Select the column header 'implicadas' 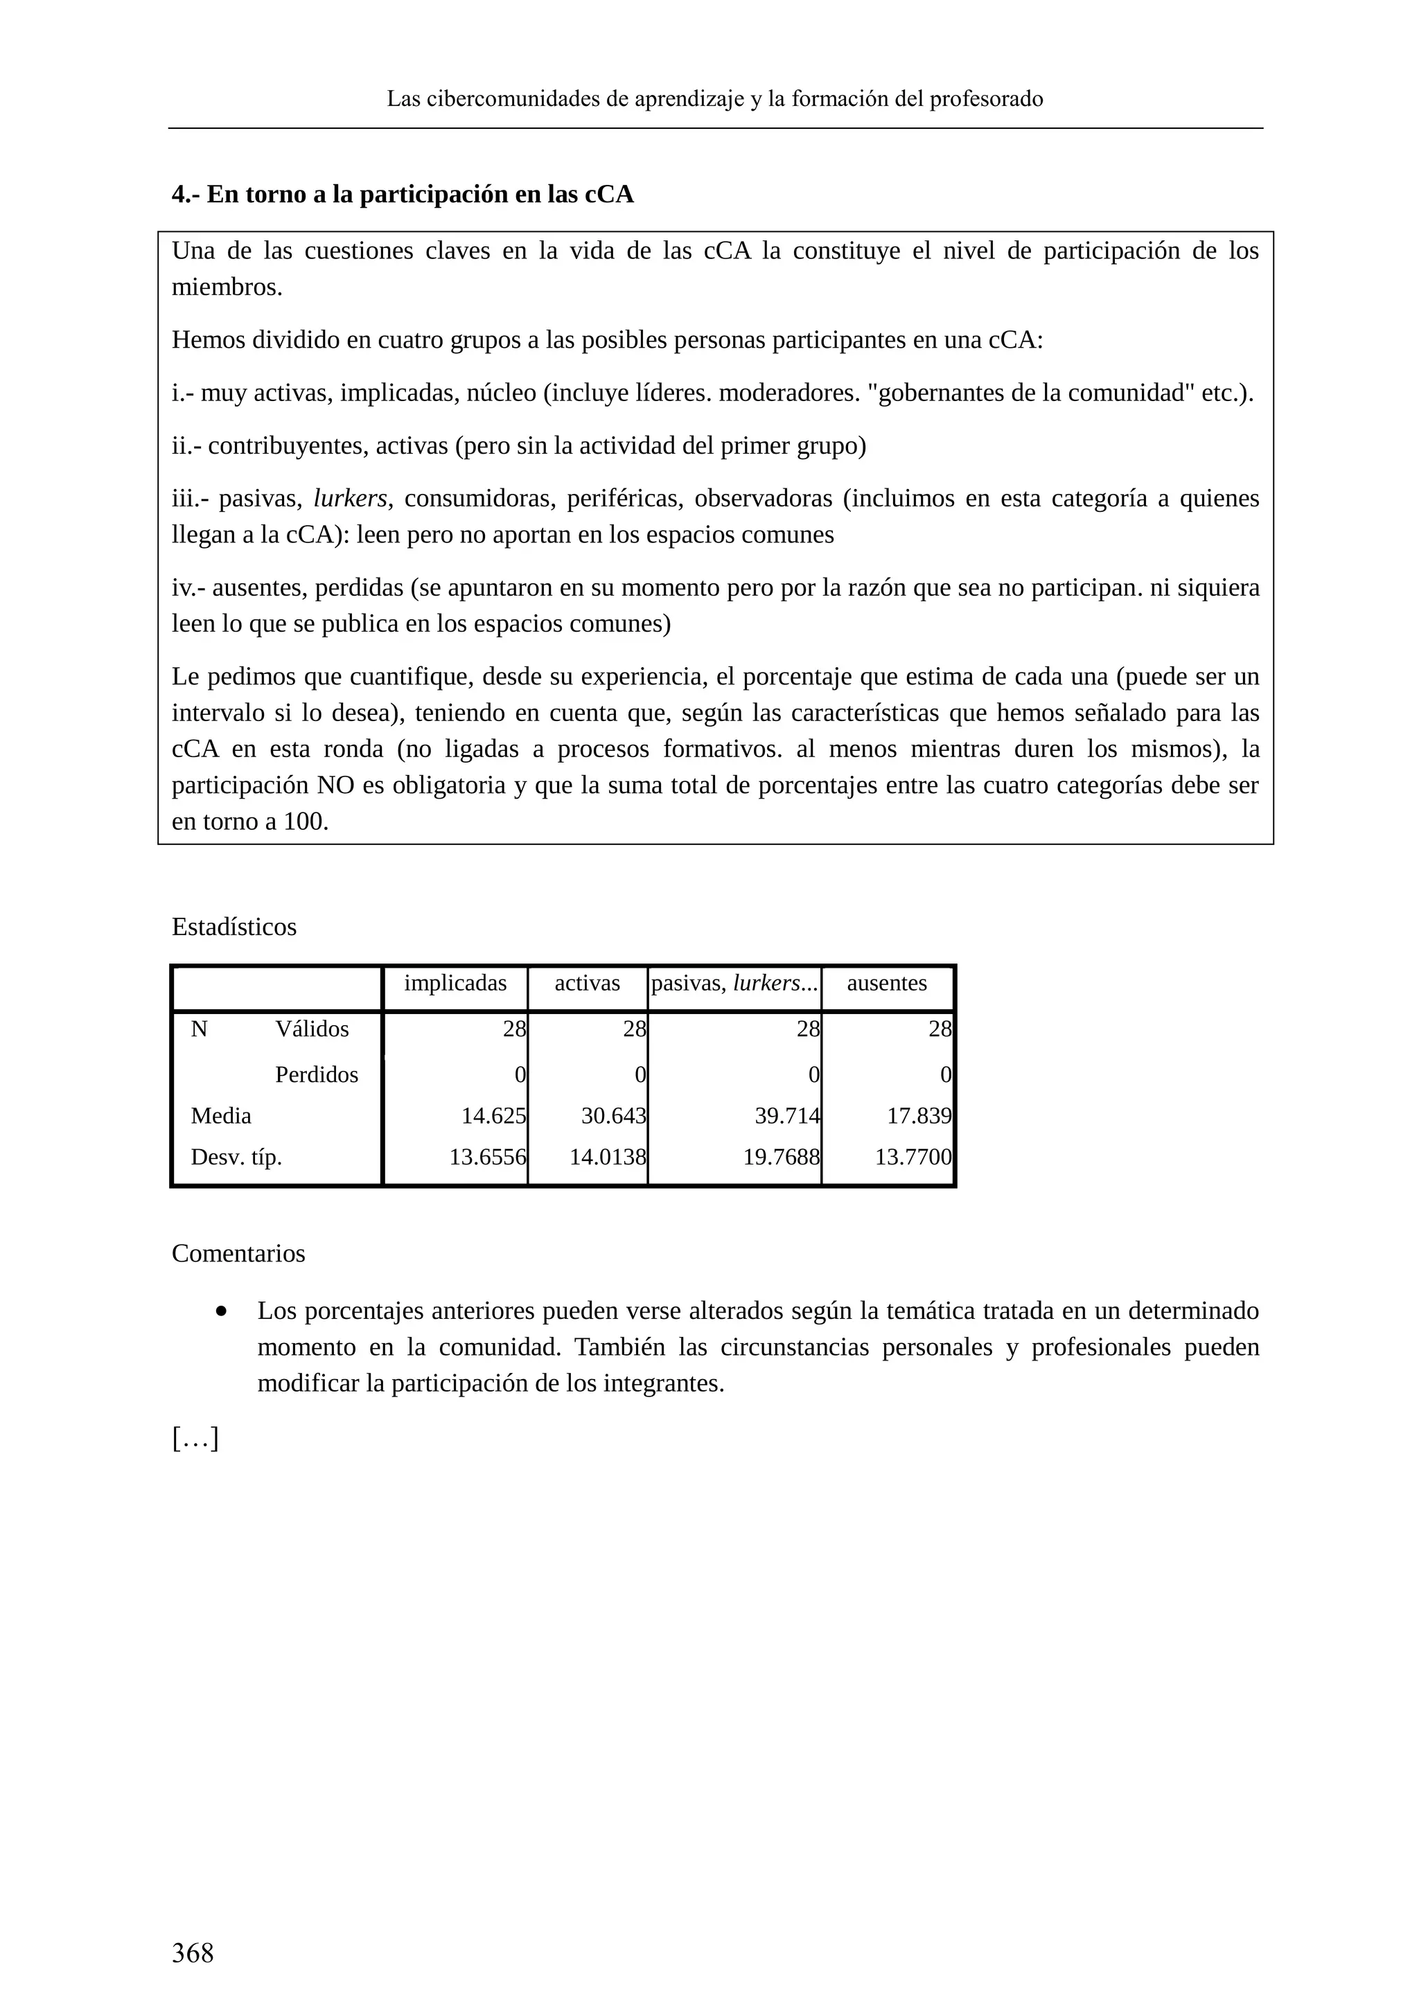point(455,983)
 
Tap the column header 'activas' point(587,983)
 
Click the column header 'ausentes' point(886,983)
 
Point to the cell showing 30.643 point(613,1116)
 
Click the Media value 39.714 point(786,1116)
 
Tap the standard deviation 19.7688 point(781,1157)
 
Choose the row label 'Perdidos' point(317,1074)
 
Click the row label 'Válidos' point(312,1029)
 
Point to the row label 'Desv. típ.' point(236,1157)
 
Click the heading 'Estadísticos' point(234,927)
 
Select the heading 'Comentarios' point(238,1254)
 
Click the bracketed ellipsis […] point(195,1438)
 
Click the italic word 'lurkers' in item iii point(349,498)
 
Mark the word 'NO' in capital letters point(335,785)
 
